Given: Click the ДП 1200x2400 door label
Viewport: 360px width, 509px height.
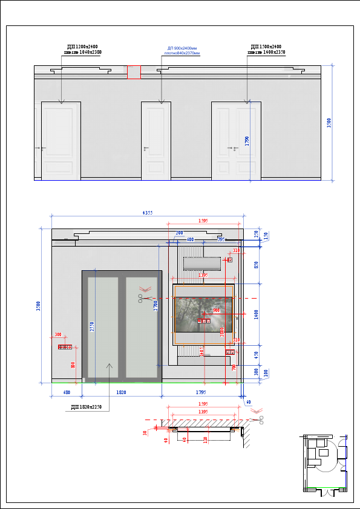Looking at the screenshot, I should pyautogui.click(x=83, y=47).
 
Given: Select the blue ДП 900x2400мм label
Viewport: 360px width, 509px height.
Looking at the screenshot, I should pyautogui.click(x=182, y=48).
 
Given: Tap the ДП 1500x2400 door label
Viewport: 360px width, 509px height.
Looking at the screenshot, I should pyautogui.click(x=266, y=47).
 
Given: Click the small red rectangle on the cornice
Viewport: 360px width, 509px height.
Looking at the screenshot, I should pyautogui.click(x=134, y=73).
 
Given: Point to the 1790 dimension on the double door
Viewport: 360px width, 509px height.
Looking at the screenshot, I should pyautogui.click(x=247, y=140).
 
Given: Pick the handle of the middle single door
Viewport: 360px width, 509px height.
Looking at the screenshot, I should pyautogui.click(x=146, y=148).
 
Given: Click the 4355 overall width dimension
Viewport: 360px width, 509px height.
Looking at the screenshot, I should pyautogui.click(x=148, y=213).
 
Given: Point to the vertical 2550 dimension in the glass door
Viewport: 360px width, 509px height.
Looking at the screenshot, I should pyautogui.click(x=92, y=327).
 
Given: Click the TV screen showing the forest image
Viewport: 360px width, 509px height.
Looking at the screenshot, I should pyautogui.click(x=203, y=315).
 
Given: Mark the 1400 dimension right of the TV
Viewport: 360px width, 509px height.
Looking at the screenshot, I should pyautogui.click(x=256, y=314).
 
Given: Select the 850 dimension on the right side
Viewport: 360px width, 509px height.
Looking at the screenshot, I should pyautogui.click(x=256, y=265).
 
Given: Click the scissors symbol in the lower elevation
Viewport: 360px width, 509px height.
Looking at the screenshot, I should pyautogui.click(x=144, y=298).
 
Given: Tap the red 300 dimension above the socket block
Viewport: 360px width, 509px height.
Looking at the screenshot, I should pyautogui.click(x=58, y=334).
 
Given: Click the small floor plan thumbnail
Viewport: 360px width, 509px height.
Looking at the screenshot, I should pyautogui.click(x=326, y=464).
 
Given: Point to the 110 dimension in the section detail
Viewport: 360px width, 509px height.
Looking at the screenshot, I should pyautogui.click(x=206, y=439).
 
